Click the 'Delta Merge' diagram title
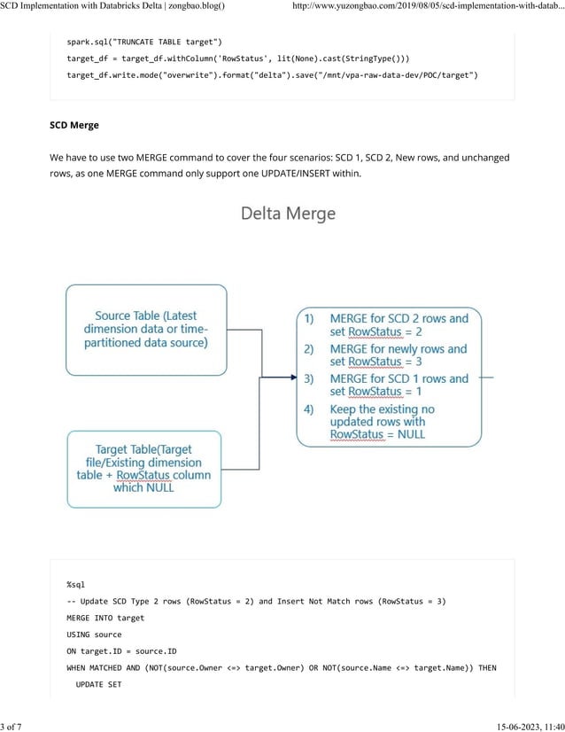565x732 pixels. [x=289, y=214]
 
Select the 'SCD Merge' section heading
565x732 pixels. [x=74, y=125]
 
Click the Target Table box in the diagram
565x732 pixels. [x=143, y=469]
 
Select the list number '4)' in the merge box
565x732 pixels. [x=309, y=409]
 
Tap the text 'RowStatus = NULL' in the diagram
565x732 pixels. [x=377, y=434]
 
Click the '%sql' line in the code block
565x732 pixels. [x=75, y=585]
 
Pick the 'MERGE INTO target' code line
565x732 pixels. [x=105, y=618]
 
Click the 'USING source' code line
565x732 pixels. [x=95, y=635]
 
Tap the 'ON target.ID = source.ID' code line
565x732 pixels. [x=121, y=651]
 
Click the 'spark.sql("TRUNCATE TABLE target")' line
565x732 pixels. [x=144, y=42]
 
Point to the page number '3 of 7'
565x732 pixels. [x=12, y=726]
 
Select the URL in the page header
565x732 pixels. [x=427, y=6]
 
